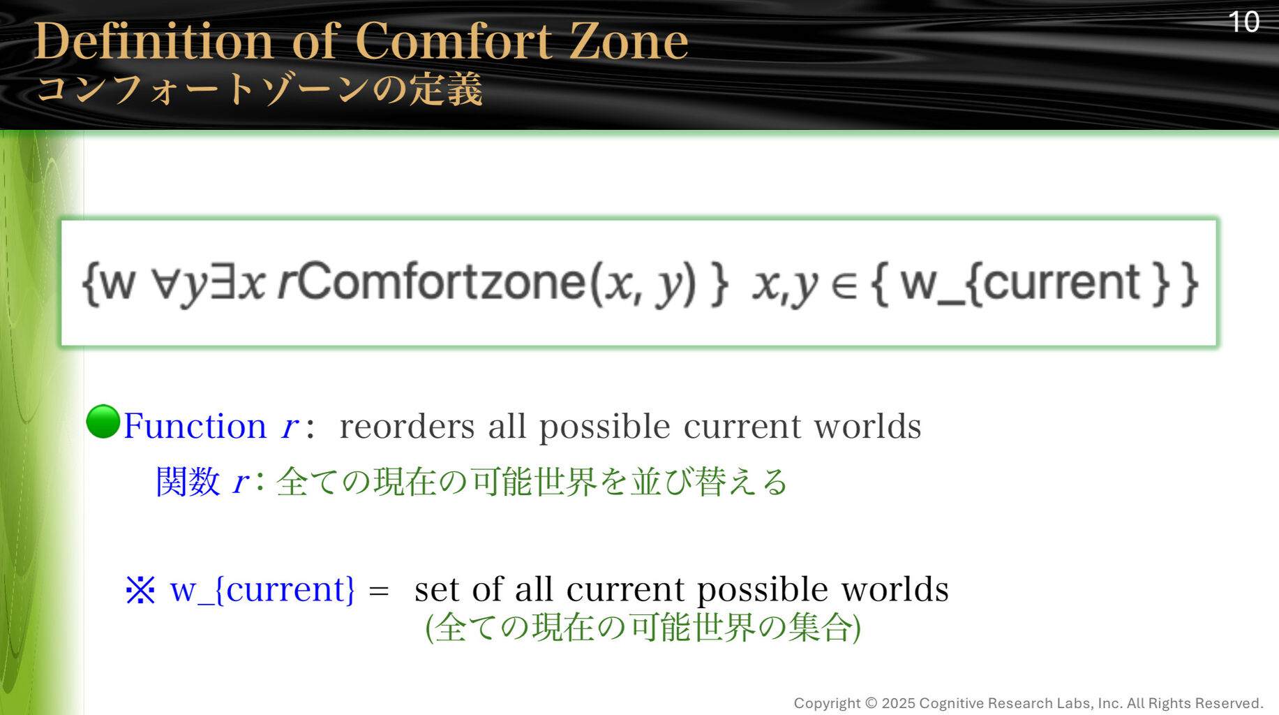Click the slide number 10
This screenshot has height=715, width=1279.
tap(1243, 22)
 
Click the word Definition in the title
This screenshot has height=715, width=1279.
tap(154, 40)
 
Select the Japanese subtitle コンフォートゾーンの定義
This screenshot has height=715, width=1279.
tap(260, 89)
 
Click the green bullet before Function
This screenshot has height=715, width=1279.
tap(103, 422)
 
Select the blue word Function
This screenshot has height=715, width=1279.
tap(195, 425)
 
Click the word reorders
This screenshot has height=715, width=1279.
tap(407, 426)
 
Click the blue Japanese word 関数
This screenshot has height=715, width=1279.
tap(188, 481)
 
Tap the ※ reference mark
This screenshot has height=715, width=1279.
tap(140, 590)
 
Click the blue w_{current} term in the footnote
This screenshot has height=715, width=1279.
tap(262, 590)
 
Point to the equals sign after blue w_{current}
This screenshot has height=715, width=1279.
tap(379, 591)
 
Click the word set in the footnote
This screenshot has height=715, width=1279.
tap(437, 590)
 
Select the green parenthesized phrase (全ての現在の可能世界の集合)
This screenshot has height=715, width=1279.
tap(643, 627)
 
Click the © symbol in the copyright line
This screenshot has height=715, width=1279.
tap(871, 703)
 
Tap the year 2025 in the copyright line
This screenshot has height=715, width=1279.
tap(898, 703)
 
